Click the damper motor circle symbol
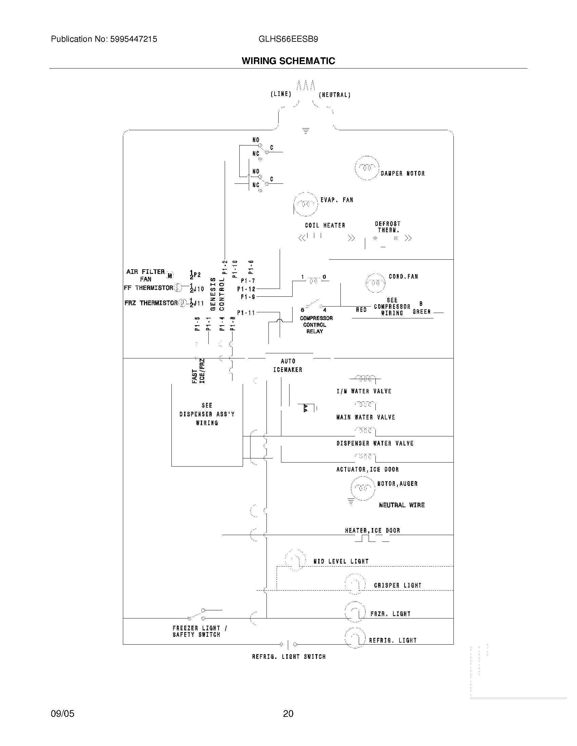(367, 168)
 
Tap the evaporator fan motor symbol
(305, 204)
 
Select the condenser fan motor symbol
(375, 283)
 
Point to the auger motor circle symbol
(363, 488)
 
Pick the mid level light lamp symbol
(295, 560)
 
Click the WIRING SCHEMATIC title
(288, 61)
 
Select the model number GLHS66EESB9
(288, 39)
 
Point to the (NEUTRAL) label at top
(334, 95)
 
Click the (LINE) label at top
(281, 94)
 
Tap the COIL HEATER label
(325, 225)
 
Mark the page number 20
(288, 713)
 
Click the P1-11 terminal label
(246, 313)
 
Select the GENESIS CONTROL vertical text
(217, 294)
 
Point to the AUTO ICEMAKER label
(288, 366)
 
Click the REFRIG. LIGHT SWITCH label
(289, 656)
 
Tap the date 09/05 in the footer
(62, 713)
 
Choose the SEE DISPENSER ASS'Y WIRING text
(207, 414)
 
